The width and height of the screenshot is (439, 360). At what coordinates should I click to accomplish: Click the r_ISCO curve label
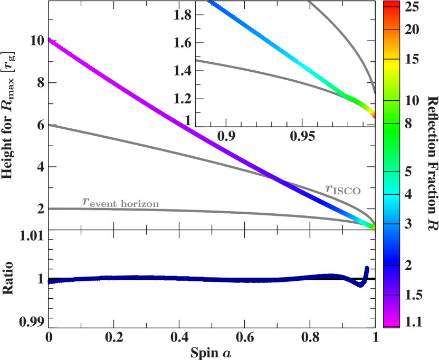click(x=342, y=190)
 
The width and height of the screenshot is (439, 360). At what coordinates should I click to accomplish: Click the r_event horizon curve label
click(x=120, y=202)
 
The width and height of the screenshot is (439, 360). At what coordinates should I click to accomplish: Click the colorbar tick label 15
click(x=411, y=60)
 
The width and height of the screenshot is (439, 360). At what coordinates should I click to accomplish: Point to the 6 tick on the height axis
click(x=41, y=125)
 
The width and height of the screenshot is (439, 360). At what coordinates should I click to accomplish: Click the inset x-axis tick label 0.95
click(x=302, y=137)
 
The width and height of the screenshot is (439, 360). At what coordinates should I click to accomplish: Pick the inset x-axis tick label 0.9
click(x=226, y=137)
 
